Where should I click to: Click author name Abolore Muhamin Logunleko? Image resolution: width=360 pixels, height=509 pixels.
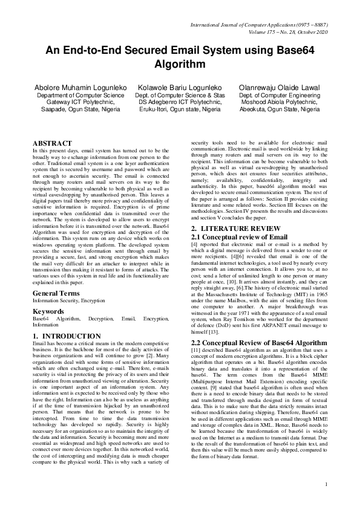coord(80,88)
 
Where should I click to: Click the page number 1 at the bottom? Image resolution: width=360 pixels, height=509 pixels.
coord(326,501)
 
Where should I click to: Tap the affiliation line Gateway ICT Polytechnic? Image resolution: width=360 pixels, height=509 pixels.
coord(80,103)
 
